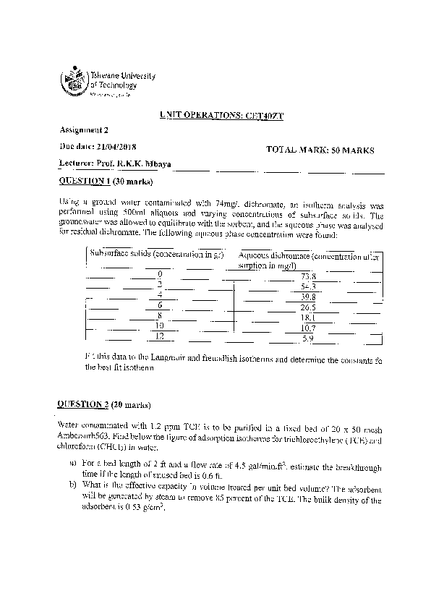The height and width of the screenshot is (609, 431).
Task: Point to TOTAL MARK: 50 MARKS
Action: point(320,150)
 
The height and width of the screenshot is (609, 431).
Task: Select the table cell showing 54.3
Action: point(309,287)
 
